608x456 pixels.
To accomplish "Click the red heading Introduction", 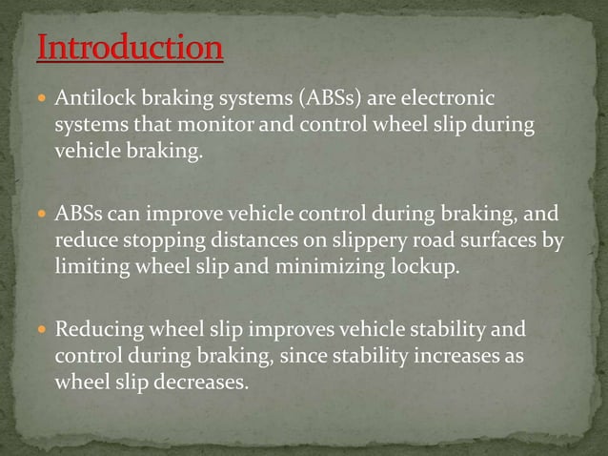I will (x=131, y=48).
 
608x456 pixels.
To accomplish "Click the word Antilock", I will (x=93, y=99).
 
